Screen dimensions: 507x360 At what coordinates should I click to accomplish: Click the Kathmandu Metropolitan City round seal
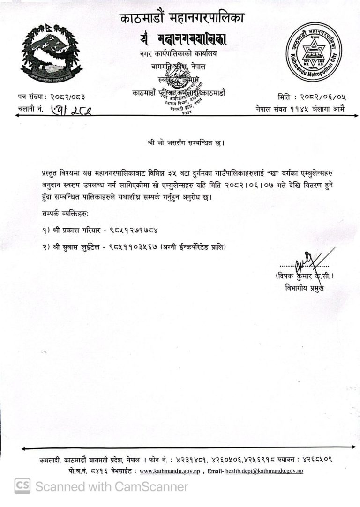(314, 52)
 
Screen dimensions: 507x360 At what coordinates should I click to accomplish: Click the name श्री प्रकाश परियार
(75, 231)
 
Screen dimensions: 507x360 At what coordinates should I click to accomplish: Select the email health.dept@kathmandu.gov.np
(264, 470)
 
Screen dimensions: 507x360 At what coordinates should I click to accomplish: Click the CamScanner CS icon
(22, 486)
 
